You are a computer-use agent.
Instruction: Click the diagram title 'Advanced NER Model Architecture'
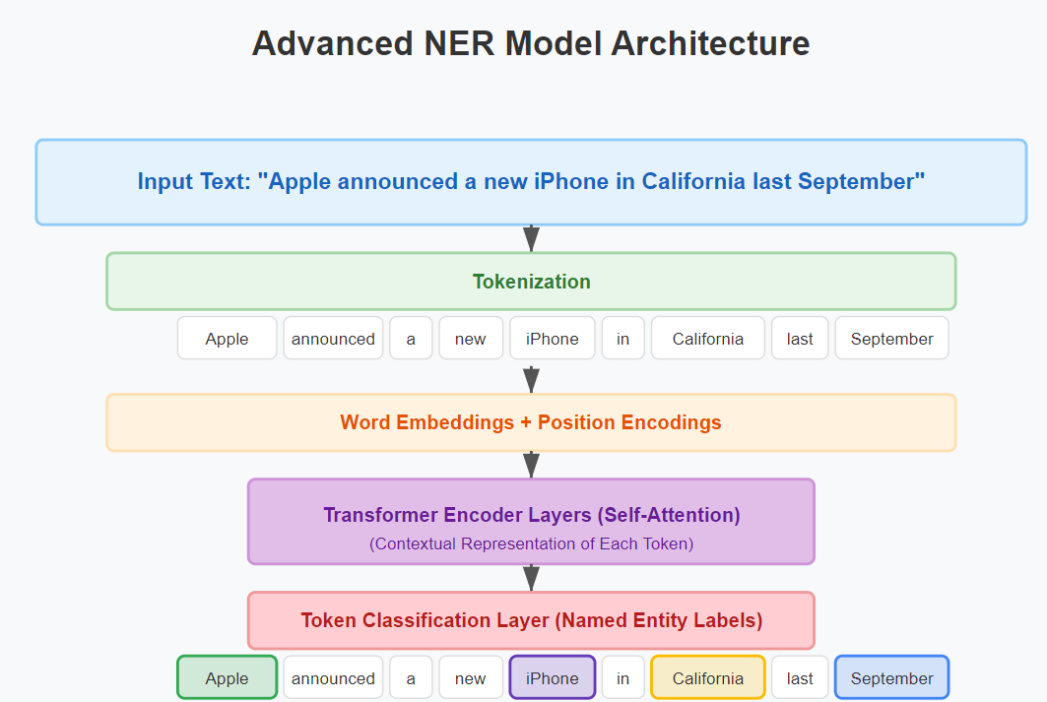pyautogui.click(x=531, y=44)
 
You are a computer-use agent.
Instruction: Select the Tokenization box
pyautogui.click(x=531, y=282)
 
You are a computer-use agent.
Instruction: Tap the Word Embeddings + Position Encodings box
pyautogui.click(x=531, y=422)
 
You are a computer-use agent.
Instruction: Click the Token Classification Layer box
pyautogui.click(x=531, y=620)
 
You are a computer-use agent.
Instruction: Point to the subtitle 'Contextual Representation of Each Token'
pyautogui.click(x=532, y=543)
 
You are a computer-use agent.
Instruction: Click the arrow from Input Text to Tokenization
pyautogui.click(x=531, y=238)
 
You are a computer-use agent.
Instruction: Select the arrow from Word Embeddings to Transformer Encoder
pyautogui.click(x=531, y=465)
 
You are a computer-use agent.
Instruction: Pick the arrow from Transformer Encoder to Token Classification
pyautogui.click(x=531, y=578)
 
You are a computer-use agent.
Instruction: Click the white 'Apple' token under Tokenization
pyautogui.click(x=227, y=339)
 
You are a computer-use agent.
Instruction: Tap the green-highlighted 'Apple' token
pyautogui.click(x=227, y=678)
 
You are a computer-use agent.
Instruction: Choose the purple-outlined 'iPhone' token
pyautogui.click(x=553, y=678)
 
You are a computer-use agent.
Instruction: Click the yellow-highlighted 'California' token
pyautogui.click(x=708, y=678)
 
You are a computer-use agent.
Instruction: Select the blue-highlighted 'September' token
pyautogui.click(x=892, y=678)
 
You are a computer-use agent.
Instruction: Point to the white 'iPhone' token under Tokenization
pyautogui.click(x=553, y=339)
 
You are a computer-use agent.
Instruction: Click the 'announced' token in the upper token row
pyautogui.click(x=333, y=339)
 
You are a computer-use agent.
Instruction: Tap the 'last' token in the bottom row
pyautogui.click(x=800, y=678)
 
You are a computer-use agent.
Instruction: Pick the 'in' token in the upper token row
pyautogui.click(x=623, y=339)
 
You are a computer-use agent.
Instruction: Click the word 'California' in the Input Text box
pyautogui.click(x=693, y=181)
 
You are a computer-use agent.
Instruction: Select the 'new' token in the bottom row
pyautogui.click(x=471, y=678)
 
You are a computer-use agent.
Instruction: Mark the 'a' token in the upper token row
pyautogui.click(x=411, y=339)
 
